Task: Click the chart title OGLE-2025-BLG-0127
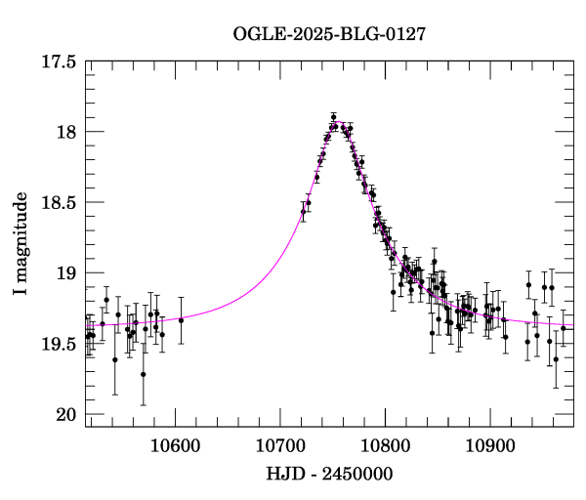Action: click(x=329, y=33)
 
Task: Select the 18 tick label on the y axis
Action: click(x=67, y=132)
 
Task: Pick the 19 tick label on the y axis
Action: click(x=67, y=273)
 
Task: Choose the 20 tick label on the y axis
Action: click(x=67, y=415)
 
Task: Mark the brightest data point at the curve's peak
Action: click(x=333, y=116)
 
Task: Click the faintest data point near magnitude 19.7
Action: click(x=144, y=374)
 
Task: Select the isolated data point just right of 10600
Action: click(x=181, y=320)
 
